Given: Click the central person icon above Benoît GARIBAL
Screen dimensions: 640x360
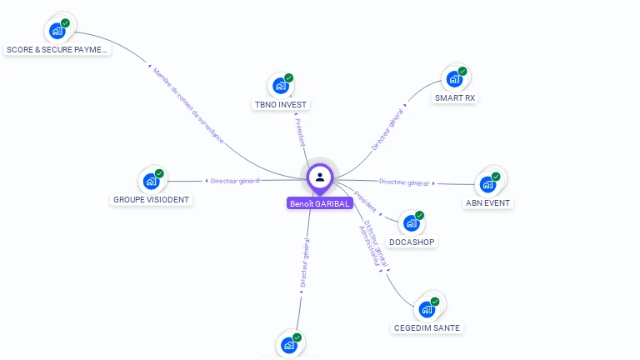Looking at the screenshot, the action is pos(320,177).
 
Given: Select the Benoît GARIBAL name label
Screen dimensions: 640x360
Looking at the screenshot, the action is pos(320,203).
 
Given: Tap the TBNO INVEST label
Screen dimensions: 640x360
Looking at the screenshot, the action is pos(281,105).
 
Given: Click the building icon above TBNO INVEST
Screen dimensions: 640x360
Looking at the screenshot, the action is pos(280,85).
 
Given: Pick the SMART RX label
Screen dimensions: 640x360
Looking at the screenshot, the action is pos(455,97).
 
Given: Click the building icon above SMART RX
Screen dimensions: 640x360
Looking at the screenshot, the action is pos(454,79).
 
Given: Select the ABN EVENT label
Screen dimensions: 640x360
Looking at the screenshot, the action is pos(488,202).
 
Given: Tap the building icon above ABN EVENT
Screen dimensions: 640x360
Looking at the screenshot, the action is pos(487,184).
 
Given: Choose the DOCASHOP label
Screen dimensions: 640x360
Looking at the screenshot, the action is pos(412,242).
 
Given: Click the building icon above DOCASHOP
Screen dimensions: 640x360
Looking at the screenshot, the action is pos(411,222).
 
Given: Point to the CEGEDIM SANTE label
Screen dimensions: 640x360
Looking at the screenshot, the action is pos(427,327).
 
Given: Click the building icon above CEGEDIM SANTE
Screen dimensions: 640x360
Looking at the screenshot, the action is pos(427,309).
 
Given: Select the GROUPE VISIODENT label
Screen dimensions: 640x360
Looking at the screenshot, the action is pos(151,200).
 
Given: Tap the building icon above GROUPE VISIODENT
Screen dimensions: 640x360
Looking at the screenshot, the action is pos(151,181).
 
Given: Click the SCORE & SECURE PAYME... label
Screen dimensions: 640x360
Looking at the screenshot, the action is pos(57,50).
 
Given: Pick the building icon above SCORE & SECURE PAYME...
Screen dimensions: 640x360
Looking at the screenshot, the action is pos(57,31).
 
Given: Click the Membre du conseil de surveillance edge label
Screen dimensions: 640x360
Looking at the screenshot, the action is pos(188,107).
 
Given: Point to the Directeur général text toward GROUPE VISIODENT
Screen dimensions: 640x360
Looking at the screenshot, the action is pos(235,180).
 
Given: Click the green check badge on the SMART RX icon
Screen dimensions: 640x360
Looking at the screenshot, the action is pos(462,71).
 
